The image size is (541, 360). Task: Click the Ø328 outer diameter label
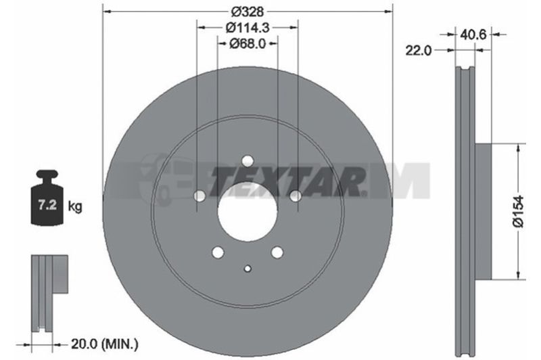(248, 12)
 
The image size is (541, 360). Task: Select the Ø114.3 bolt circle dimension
(248, 27)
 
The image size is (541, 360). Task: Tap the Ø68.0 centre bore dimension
(248, 43)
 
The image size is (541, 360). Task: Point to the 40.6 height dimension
(473, 34)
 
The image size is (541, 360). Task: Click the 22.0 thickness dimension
(418, 50)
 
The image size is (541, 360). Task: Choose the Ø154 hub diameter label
(518, 211)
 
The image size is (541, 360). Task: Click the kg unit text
(75, 206)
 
